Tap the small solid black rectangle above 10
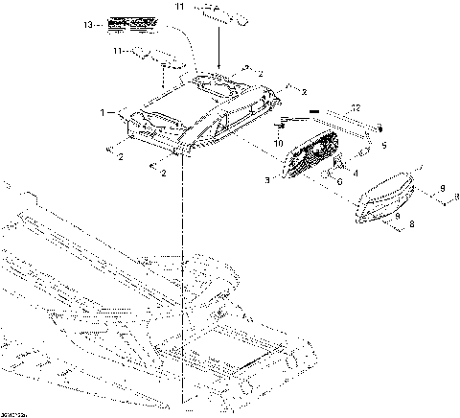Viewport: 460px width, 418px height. (x=310, y=115)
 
